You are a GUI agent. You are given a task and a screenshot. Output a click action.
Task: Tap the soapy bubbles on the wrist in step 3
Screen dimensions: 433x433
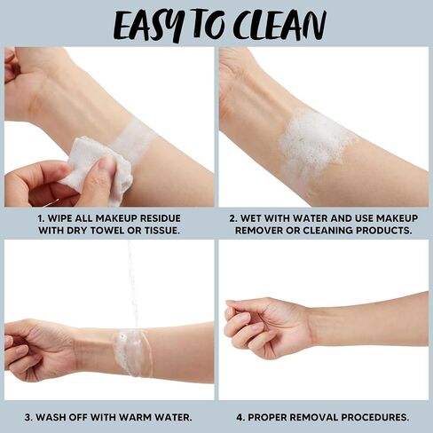131,352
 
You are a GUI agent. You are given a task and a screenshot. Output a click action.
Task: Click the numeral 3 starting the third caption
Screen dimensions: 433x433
28,418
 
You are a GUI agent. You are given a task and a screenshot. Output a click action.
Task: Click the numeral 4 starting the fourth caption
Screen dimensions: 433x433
240,418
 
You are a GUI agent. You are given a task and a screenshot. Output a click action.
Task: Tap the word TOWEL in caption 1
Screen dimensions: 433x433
105,231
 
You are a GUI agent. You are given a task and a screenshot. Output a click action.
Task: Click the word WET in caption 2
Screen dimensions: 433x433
250,218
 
